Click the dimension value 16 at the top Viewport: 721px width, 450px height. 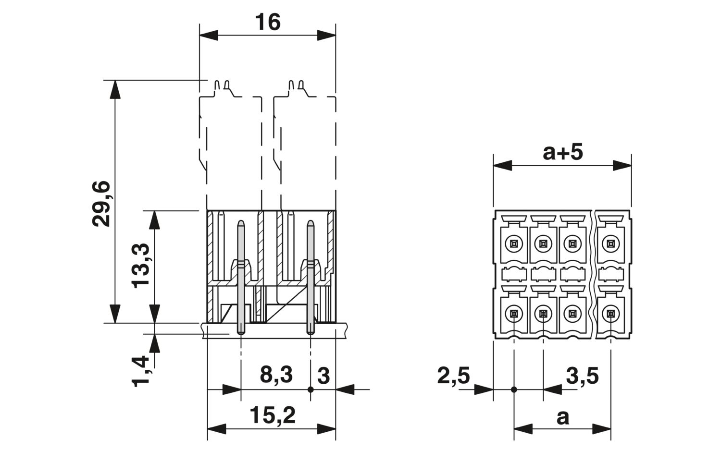pos(267,22)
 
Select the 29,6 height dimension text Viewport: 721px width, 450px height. pos(101,204)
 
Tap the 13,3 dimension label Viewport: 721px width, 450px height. pos(140,266)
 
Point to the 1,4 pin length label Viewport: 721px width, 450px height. pos(140,371)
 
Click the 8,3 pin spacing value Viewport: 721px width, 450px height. pos(276,375)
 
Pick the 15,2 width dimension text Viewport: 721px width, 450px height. pos(273,415)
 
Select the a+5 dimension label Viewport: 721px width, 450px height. pos(563,152)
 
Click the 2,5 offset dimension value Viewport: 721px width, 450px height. pos(454,376)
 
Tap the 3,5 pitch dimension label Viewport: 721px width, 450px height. pos(582,376)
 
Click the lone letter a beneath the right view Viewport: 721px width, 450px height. pos(563,417)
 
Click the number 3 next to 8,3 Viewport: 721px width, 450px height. pos(323,376)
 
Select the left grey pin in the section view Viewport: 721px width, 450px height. pos(241,277)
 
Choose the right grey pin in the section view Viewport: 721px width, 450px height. pos(311,277)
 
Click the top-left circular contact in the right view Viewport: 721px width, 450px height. pos(514,244)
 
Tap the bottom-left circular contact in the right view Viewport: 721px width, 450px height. pos(514,313)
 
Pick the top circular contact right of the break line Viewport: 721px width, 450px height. pos(610,244)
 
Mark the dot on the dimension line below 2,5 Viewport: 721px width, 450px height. pos(514,390)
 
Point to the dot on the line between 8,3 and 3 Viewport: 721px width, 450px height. pos(311,389)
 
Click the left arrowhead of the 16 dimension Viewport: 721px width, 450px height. pos(209,36)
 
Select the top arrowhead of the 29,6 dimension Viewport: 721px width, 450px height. pos(115,89)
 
